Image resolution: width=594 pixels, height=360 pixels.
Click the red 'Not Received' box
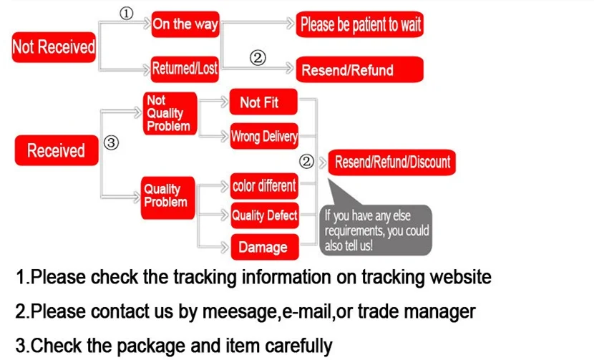(54, 47)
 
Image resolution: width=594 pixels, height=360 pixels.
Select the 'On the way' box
(185, 24)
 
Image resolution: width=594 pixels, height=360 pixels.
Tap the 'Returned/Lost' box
(185, 69)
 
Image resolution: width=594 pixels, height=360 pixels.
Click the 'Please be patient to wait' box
(360, 26)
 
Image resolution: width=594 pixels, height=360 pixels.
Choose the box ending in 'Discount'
(392, 162)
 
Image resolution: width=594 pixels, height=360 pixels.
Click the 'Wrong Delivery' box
(263, 137)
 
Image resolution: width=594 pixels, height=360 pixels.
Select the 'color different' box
(263, 186)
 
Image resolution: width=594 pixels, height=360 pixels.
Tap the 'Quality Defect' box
(263, 215)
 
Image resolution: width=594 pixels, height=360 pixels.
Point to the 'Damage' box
(263, 247)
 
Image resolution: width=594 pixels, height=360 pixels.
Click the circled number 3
(111, 142)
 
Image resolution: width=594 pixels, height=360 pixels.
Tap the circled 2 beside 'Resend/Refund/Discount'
(307, 162)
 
